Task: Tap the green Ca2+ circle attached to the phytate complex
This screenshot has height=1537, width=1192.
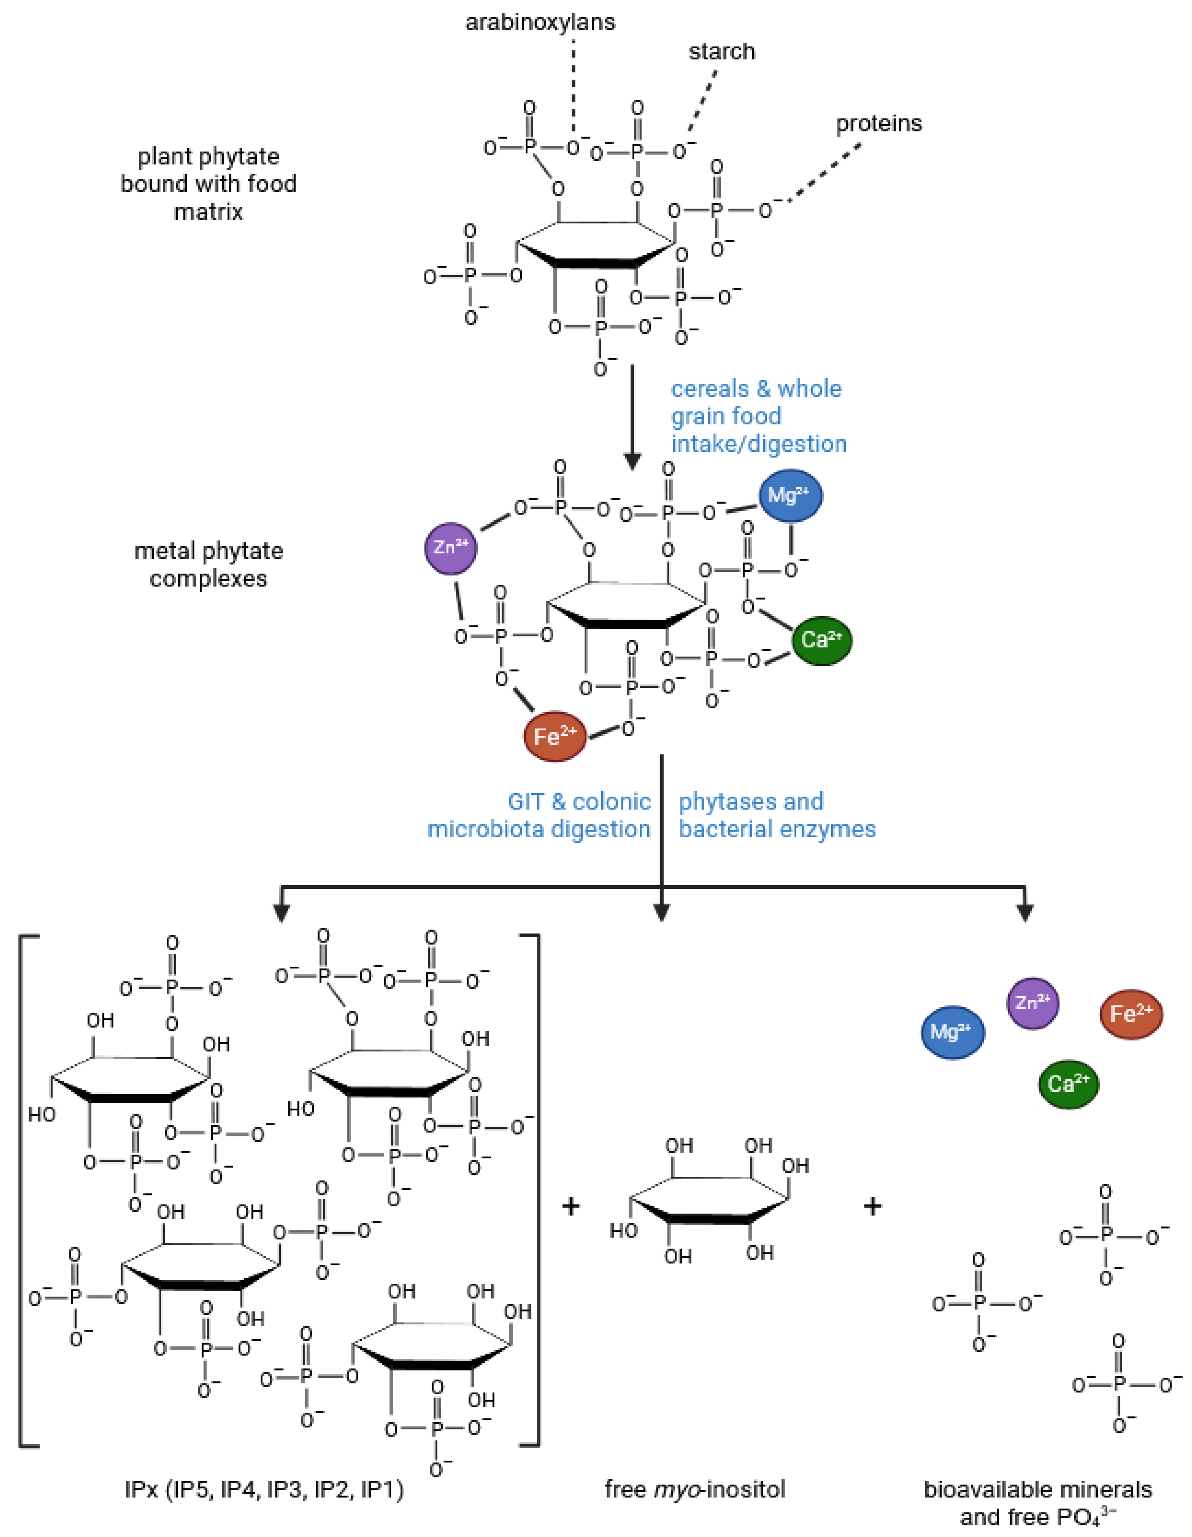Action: pyautogui.click(x=822, y=641)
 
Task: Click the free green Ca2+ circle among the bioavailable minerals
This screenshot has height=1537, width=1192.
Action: pyautogui.click(x=1067, y=1084)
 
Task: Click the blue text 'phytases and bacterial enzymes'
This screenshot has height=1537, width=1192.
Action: pyautogui.click(x=777, y=815)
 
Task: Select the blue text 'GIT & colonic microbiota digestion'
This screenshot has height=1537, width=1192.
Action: pyautogui.click(x=539, y=815)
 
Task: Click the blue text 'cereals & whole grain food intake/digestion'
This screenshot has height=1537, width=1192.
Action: pyautogui.click(x=758, y=416)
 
